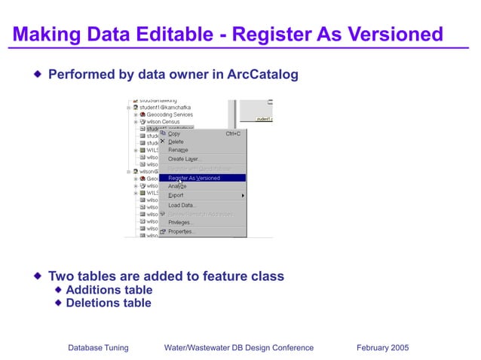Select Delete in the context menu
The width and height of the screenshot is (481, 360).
point(176,142)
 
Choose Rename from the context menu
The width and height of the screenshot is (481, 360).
point(178,150)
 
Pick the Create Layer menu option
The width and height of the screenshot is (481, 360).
point(182,159)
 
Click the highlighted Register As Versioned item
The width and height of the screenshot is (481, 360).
point(194,178)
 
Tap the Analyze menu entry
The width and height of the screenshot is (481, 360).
point(177,186)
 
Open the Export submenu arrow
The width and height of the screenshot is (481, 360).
point(242,196)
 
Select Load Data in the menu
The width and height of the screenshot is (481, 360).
point(182,205)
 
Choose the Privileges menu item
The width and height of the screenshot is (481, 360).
point(180,222)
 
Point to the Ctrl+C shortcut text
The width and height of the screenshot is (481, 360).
point(233,134)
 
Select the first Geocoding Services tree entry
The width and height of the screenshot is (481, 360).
point(170,114)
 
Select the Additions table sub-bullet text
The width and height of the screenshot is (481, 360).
point(109,290)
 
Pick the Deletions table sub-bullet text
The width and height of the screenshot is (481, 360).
point(109,303)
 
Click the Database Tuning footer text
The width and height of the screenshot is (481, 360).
point(98,347)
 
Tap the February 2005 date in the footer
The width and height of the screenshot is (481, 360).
point(381,347)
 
